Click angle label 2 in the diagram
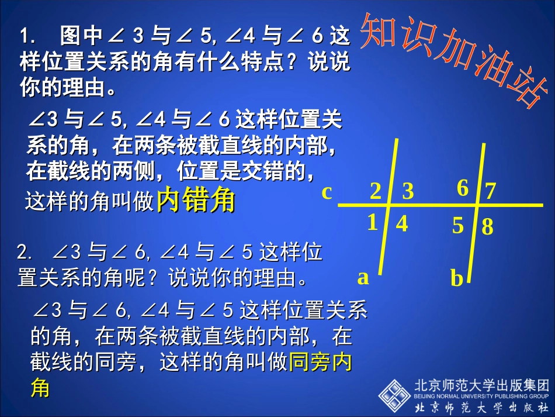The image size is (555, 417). pos(376,191)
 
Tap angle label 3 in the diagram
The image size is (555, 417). pos(408,191)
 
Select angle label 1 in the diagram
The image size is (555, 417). pos(373,223)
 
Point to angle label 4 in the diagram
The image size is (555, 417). pos(402,225)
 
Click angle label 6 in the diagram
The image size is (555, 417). pos(463,188)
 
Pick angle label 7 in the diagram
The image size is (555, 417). pos(491,191)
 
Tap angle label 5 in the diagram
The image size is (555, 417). pos(458,226)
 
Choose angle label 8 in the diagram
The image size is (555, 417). pos(488,227)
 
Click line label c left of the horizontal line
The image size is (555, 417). pos(327,192)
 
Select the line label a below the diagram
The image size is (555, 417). pos(363,277)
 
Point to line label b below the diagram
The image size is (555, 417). pos(457,279)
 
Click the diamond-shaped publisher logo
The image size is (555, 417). pos(394,395)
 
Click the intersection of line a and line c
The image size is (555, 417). pos(390,206)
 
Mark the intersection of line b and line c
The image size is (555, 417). pos(477,206)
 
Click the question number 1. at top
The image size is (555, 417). pos(28,37)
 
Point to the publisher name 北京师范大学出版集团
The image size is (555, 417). pos(482,385)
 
